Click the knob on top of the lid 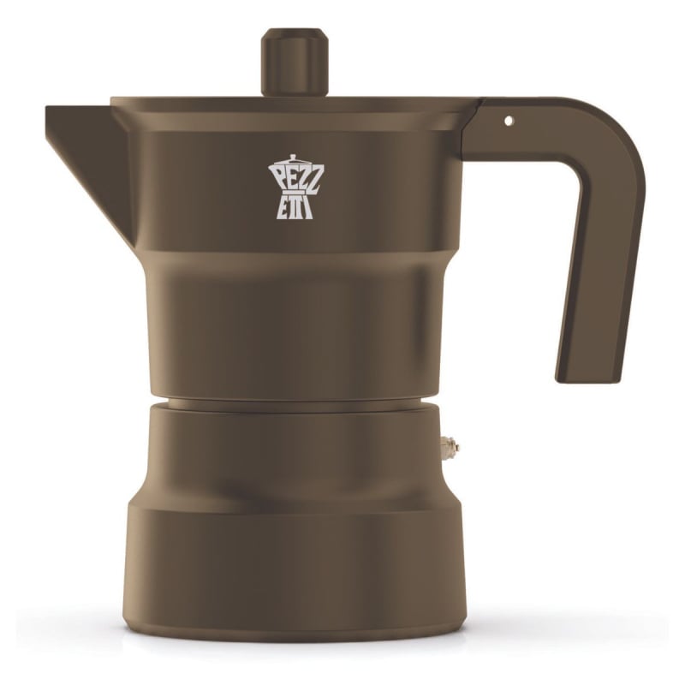click(295, 62)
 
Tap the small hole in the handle click(508, 121)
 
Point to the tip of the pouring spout click(51, 112)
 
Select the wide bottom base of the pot click(295, 565)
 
